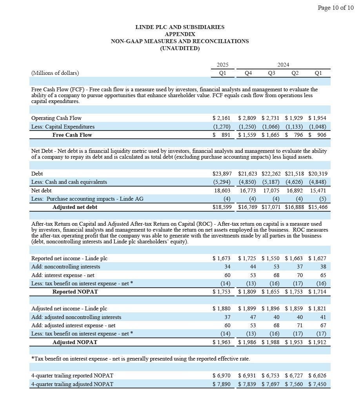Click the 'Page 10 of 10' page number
tap(335, 7)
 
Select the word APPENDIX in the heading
tap(180, 34)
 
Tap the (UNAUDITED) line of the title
tap(180, 48)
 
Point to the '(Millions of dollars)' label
tap(55, 73)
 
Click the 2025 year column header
tap(222, 65)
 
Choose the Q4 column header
tap(248, 73)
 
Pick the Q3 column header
tap(271, 73)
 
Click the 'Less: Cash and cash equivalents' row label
tap(69, 182)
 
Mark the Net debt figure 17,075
tap(271, 190)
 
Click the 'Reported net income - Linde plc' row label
tap(69, 258)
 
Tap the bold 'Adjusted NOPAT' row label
tap(75, 342)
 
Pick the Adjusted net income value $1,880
tap(222, 308)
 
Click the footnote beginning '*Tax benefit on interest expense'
tap(140, 359)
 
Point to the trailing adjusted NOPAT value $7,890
tap(222, 384)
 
